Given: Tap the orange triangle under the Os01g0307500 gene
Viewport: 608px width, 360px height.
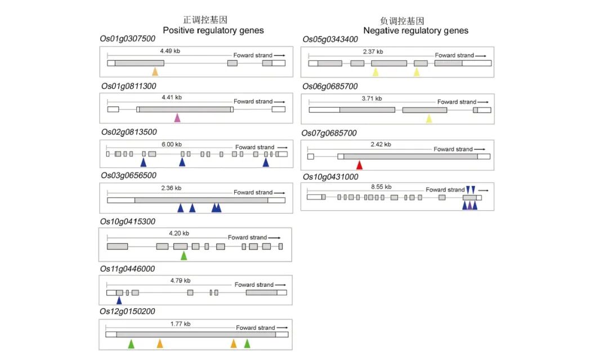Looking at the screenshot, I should [x=155, y=71].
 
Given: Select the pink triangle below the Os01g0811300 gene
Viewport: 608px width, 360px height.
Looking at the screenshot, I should [x=177, y=117].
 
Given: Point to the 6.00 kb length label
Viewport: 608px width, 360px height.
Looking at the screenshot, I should [x=172, y=144].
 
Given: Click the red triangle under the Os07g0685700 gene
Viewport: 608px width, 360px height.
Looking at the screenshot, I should [x=359, y=165].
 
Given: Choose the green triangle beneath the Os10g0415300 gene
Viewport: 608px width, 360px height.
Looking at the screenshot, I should [x=184, y=255].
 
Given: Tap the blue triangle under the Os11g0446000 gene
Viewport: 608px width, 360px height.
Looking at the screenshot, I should [x=119, y=300].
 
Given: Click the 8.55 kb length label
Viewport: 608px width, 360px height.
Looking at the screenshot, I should [x=381, y=186].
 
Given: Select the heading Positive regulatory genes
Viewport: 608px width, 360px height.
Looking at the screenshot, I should [x=213, y=30].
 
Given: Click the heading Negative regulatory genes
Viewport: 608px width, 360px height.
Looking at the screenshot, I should [x=415, y=30].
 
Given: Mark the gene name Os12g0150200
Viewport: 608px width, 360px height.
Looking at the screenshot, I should [x=128, y=312].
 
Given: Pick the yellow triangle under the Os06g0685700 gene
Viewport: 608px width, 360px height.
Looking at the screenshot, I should [x=429, y=118].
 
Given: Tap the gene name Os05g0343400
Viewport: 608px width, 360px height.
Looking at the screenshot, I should [x=330, y=39].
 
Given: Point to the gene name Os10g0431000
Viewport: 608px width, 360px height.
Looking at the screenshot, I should [x=330, y=177].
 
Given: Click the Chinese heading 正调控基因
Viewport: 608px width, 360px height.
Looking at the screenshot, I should [x=205, y=20].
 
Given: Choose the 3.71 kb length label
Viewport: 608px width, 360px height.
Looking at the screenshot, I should [x=372, y=98].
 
